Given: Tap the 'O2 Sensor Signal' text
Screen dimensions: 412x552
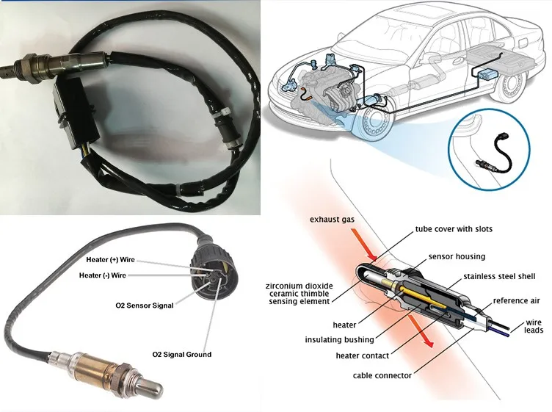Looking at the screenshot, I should [x=145, y=306].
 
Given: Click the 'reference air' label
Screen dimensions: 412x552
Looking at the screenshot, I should [x=517, y=300].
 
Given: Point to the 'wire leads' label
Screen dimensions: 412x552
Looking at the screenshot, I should [x=534, y=327].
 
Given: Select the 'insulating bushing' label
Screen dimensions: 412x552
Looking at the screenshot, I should [x=338, y=340].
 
